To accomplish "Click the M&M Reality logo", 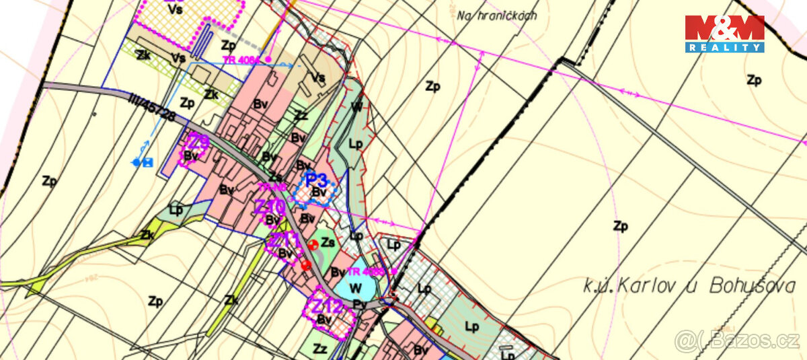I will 724,34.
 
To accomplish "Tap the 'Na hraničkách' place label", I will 496,15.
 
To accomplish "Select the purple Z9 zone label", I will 198,141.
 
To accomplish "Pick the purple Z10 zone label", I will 270,206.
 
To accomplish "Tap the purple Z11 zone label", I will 284,239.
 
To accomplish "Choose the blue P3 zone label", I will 316,180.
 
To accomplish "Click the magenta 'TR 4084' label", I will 241,60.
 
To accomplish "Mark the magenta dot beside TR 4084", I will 268,60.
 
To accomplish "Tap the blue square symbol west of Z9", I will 148,162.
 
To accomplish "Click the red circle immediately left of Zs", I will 313,244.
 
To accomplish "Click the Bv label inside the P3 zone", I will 319,193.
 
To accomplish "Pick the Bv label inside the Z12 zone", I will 325,320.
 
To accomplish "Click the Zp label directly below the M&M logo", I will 754,80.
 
